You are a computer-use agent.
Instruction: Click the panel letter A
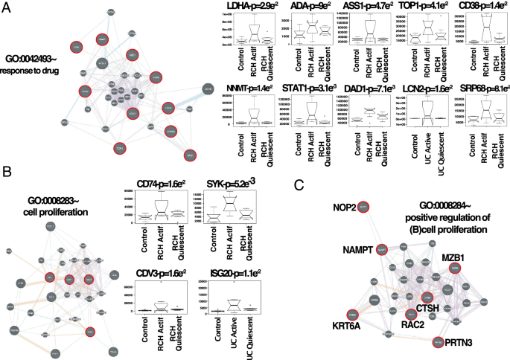(7, 8)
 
